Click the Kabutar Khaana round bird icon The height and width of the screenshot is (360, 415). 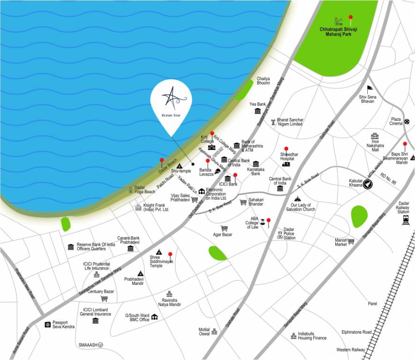pyautogui.click(x=370, y=183)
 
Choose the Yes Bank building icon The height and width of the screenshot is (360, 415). pyautogui.click(x=257, y=111)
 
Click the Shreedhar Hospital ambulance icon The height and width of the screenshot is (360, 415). pyautogui.click(x=286, y=164)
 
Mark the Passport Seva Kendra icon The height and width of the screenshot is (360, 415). pyautogui.click(x=47, y=324)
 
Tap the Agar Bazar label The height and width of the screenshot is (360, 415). pyautogui.click(x=223, y=234)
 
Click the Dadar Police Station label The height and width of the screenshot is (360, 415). pyautogui.click(x=289, y=233)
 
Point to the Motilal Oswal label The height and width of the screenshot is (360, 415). pyautogui.click(x=204, y=331)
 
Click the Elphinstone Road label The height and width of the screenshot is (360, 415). pyautogui.click(x=356, y=332)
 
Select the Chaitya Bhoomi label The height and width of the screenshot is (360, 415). pyautogui.click(x=263, y=81)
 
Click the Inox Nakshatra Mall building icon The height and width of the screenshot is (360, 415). pyautogui.click(x=375, y=135)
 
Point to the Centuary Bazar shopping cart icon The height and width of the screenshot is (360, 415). pyautogui.click(x=104, y=298)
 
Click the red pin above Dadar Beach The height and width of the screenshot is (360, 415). pyautogui.click(x=162, y=161)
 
